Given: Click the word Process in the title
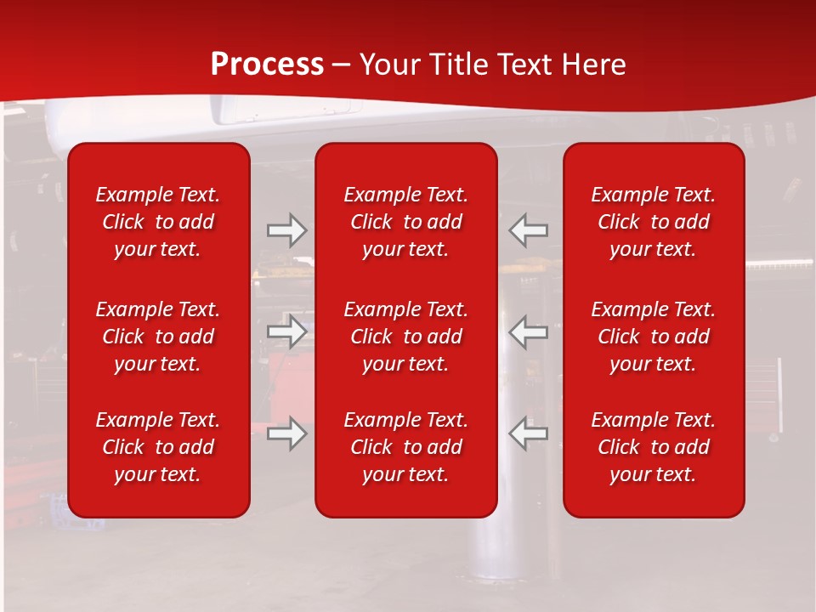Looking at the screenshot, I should tap(267, 65).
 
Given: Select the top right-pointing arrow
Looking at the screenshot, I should tap(286, 230).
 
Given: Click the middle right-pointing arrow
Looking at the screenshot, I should tap(286, 332).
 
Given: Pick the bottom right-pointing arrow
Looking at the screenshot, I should tap(286, 433).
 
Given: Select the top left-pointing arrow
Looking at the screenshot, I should tap(528, 230).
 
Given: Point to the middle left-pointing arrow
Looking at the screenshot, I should tap(528, 332).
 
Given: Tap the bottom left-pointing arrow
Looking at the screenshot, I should tap(528, 433).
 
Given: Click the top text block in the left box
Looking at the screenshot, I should tap(158, 222).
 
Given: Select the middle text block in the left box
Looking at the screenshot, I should tap(158, 337).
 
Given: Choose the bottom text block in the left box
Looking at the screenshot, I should tap(158, 447).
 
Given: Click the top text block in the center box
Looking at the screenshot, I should tap(405, 222).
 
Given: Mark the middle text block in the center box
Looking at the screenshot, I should tap(405, 337).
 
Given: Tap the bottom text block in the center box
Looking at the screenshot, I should tap(405, 447).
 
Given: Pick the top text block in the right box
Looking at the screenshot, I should tap(653, 222).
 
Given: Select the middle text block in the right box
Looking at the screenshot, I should tap(653, 337).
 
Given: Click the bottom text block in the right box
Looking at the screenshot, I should tap(653, 447).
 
